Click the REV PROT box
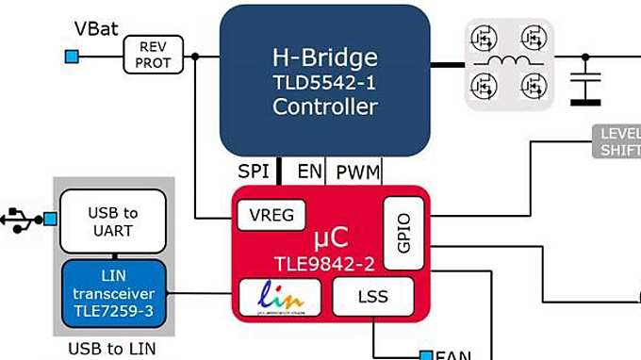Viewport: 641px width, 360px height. point(153,55)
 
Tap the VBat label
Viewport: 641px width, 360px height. point(97,28)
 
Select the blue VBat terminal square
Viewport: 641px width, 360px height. point(72,57)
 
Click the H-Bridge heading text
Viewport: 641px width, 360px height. point(324,56)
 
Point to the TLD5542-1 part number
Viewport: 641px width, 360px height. point(324,82)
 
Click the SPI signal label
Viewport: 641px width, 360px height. point(253,172)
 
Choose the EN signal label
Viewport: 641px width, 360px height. point(308,172)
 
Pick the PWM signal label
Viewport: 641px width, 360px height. point(358,172)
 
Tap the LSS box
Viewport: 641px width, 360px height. point(373,297)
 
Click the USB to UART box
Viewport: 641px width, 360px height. point(113,221)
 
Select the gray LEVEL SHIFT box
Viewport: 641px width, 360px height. point(617,140)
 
